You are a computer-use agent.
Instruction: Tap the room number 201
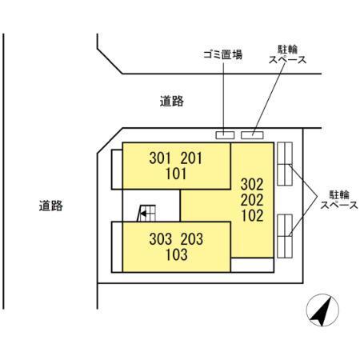click(193, 158)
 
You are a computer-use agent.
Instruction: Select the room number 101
click(177, 174)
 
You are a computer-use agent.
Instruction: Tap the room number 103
click(177, 256)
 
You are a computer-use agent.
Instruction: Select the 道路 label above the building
click(171, 101)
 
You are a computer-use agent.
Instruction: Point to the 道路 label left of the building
click(50, 205)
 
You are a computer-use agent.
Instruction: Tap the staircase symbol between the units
click(147, 213)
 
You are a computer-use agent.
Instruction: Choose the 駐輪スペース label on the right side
click(338, 199)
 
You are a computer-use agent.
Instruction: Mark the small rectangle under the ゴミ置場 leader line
click(225, 134)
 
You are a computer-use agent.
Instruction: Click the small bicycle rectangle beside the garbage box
click(252, 134)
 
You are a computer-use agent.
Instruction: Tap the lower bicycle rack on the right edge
click(286, 233)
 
